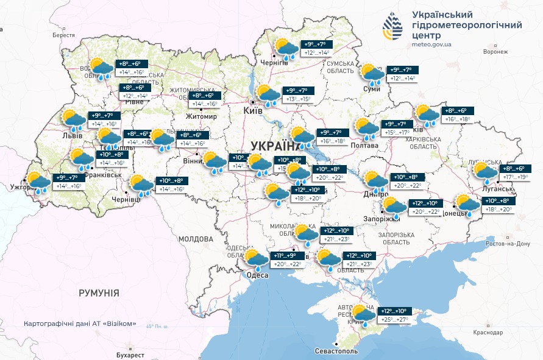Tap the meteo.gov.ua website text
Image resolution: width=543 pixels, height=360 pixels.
[x=431, y=44]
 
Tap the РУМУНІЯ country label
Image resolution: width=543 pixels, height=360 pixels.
[x=99, y=293]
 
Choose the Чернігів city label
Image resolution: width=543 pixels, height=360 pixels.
[x=274, y=62]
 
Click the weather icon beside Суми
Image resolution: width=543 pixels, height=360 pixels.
[x=372, y=74]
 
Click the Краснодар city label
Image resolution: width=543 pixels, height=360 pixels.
[x=486, y=333]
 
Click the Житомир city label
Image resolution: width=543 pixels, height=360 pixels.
[x=201, y=116]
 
